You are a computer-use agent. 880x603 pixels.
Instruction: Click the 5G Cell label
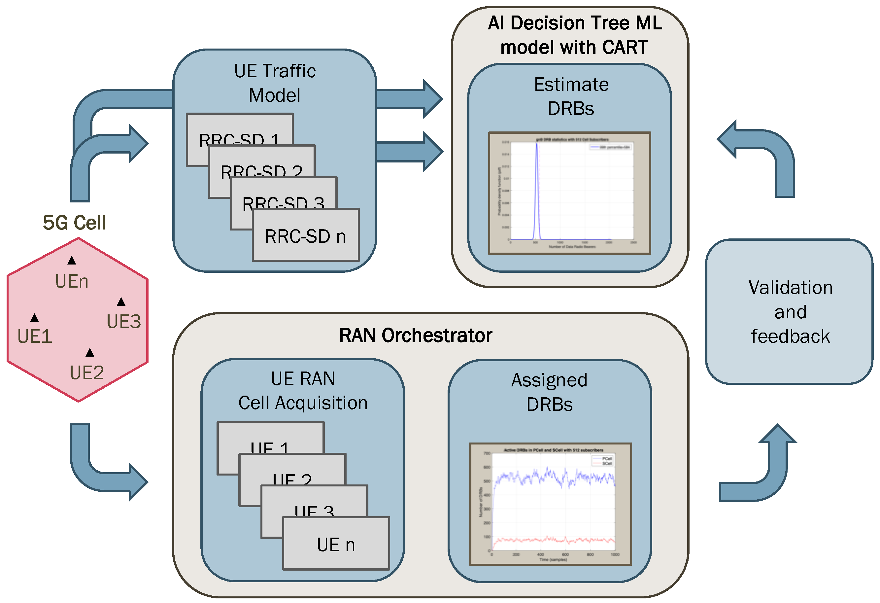click(x=74, y=223)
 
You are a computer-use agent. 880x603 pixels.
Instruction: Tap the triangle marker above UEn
click(x=72, y=261)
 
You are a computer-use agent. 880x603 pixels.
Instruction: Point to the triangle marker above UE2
click(x=90, y=353)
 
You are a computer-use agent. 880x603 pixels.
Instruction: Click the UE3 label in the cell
click(x=124, y=322)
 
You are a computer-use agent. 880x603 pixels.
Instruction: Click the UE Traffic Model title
click(x=275, y=83)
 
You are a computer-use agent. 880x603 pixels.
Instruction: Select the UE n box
click(x=336, y=544)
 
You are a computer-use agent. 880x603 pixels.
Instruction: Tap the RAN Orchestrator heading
click(x=415, y=336)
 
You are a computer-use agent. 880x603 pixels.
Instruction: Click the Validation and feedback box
click(x=790, y=312)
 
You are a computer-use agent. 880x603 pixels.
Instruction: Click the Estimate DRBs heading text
click(x=571, y=96)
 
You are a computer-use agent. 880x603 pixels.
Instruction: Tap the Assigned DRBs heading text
click(x=550, y=392)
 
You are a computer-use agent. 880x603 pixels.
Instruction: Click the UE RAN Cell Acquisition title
click(x=303, y=391)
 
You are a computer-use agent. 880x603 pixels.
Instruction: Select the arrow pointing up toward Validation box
click(x=772, y=470)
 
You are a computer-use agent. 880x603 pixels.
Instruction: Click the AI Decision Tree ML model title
click(x=575, y=35)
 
